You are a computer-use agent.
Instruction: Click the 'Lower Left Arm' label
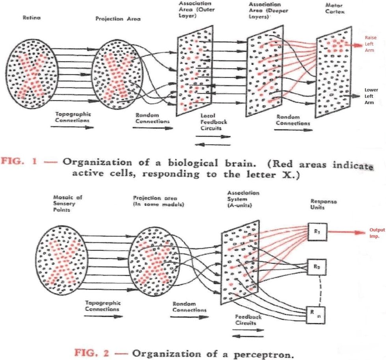[371, 96]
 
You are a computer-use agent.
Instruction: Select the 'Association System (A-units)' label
[243, 199]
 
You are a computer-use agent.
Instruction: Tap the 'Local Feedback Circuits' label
[213, 122]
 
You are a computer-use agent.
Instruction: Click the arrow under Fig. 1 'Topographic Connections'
[72, 127]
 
